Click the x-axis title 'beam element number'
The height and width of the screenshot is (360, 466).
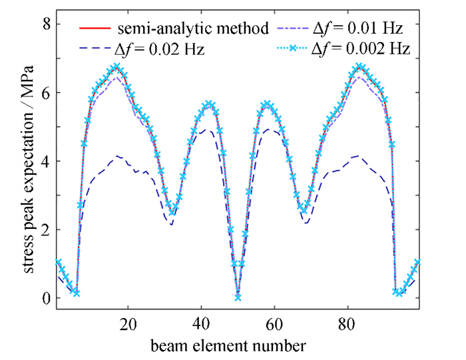click(x=238, y=345)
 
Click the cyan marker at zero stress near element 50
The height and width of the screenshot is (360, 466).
click(x=238, y=297)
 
